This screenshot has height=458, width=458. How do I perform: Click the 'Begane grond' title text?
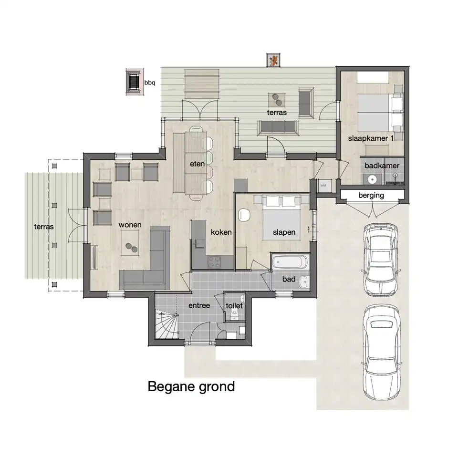tap(191, 387)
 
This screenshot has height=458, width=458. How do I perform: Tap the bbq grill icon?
tap(135, 82)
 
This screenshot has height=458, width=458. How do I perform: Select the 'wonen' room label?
tap(130, 225)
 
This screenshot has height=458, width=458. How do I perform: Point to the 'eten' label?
tap(197, 164)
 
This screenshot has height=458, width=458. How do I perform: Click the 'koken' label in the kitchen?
tap(221, 232)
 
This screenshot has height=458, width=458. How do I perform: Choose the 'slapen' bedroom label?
tap(284, 232)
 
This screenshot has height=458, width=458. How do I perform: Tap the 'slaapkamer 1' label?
tap(371, 138)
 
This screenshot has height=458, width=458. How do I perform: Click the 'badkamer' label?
tap(382, 166)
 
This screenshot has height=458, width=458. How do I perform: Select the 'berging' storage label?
tap(371, 195)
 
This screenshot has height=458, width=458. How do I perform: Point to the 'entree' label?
tap(199, 305)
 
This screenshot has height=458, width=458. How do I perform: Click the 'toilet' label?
tap(234, 305)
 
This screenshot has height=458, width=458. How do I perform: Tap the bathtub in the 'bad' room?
tap(290, 262)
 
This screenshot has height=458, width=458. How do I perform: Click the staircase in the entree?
tap(166, 324)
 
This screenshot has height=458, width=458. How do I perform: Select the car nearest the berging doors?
tap(381, 260)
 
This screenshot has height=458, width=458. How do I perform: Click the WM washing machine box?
tap(323, 186)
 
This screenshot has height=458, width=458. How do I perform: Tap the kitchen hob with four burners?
tap(215, 262)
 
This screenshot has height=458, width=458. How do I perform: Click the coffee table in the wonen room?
tap(130, 243)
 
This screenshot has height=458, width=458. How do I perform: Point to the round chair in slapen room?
tap(244, 215)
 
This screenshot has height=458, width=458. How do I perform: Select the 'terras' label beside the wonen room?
tap(44, 227)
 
